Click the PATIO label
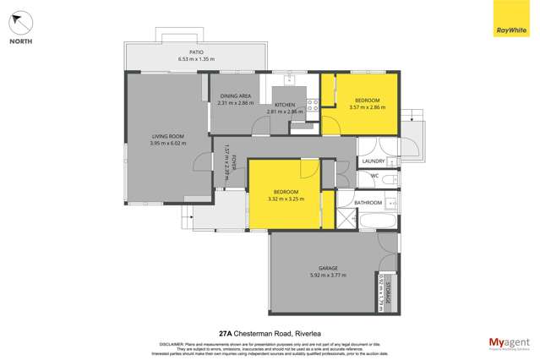(195, 52)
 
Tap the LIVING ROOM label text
(166, 136)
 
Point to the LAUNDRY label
(373, 161)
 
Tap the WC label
(374, 176)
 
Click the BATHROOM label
(368, 203)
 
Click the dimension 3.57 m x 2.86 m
(367, 107)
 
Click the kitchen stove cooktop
(312, 106)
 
